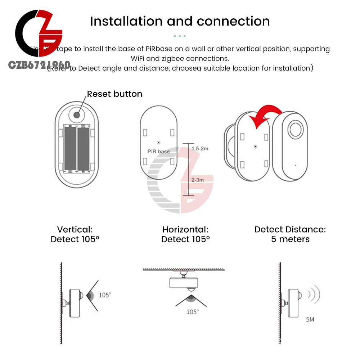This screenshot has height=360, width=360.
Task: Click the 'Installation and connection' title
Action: pyautogui.click(x=180, y=21)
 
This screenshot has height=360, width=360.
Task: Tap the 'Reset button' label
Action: pyautogui.click(x=114, y=94)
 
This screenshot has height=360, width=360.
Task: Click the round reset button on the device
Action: pyautogui.click(x=77, y=115)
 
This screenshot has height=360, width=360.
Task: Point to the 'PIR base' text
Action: pyautogui.click(x=158, y=151)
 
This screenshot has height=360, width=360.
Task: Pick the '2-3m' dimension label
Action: pyautogui.click(x=197, y=180)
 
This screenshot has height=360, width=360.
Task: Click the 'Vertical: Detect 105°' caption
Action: pyautogui.click(x=75, y=234)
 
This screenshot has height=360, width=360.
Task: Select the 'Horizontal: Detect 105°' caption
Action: pyautogui.click(x=185, y=234)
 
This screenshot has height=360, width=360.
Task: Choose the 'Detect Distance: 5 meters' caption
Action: pyautogui.click(x=290, y=234)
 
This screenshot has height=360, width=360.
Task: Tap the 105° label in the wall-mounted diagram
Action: pyautogui.click(x=105, y=295)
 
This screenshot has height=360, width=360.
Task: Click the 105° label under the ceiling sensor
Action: pyautogui.click(x=192, y=312)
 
